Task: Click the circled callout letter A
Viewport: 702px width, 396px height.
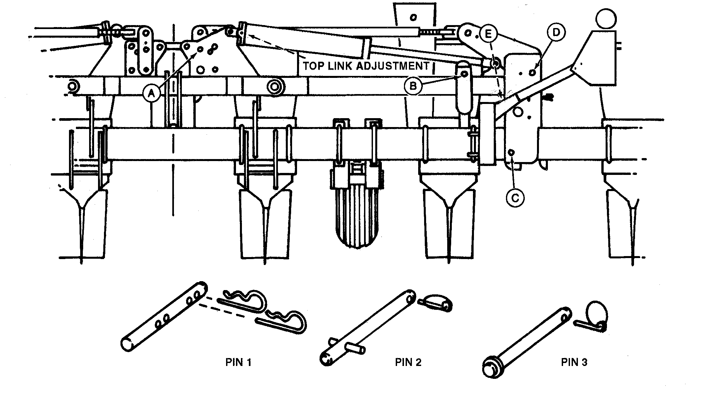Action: pyautogui.click(x=151, y=94)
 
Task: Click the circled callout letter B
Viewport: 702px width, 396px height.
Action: pyautogui.click(x=413, y=86)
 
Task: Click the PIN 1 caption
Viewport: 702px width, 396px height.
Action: pyautogui.click(x=238, y=362)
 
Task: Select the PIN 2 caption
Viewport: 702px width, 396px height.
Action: pyautogui.click(x=408, y=362)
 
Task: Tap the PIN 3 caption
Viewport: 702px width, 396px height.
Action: pyautogui.click(x=574, y=362)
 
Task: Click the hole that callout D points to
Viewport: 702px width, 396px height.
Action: pyautogui.click(x=532, y=72)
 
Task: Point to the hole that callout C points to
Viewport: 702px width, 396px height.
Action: pyautogui.click(x=512, y=152)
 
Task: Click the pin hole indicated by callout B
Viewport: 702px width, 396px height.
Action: pyautogui.click(x=464, y=74)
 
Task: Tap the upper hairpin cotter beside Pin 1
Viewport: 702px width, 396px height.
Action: pyautogui.click(x=244, y=300)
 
